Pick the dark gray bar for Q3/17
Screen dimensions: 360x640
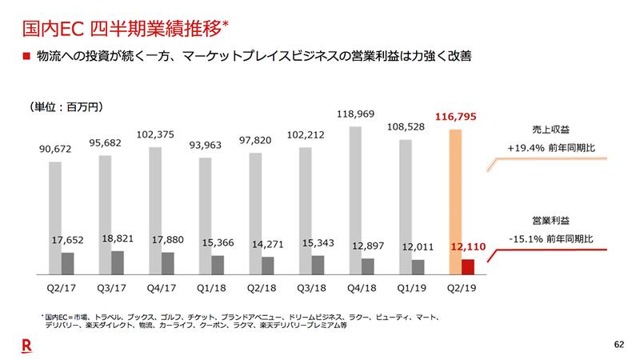pos(117,262)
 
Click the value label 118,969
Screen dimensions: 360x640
pos(355,114)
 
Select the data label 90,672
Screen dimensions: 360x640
pos(55,149)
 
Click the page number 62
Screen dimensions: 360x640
pos(617,345)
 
